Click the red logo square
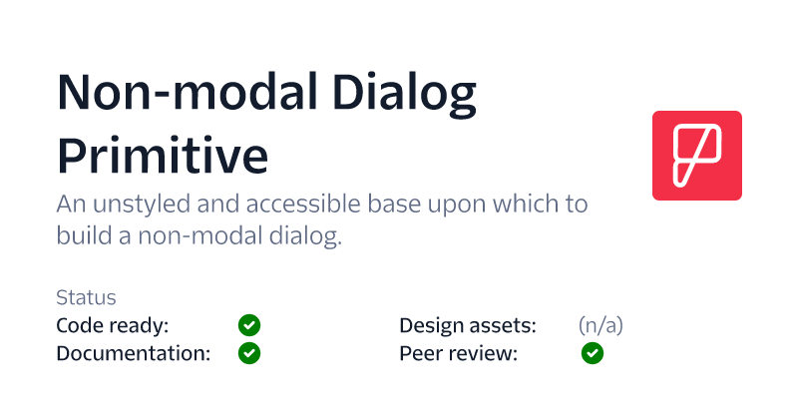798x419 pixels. point(696,156)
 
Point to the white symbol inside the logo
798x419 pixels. point(696,156)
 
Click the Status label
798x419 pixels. point(86,297)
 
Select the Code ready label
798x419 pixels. point(113,325)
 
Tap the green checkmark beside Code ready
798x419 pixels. point(249,325)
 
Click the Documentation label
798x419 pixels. point(134,353)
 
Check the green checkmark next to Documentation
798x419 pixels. point(249,353)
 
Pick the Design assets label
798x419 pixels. point(468,325)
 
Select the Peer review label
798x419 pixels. point(458,353)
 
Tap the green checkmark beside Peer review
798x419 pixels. point(593,353)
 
